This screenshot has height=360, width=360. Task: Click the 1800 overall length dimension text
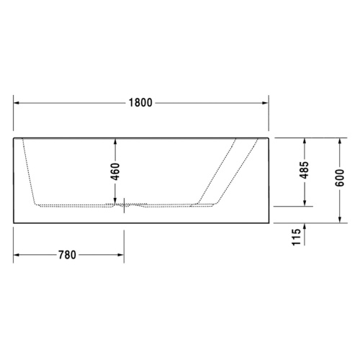click(x=140, y=102)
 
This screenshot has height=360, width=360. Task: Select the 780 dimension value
click(x=68, y=255)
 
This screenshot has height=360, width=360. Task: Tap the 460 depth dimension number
click(x=115, y=171)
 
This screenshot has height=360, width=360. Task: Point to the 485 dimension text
click(x=305, y=170)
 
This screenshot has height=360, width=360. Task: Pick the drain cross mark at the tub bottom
click(x=124, y=204)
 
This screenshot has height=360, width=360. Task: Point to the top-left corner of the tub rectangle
click(x=14, y=135)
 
